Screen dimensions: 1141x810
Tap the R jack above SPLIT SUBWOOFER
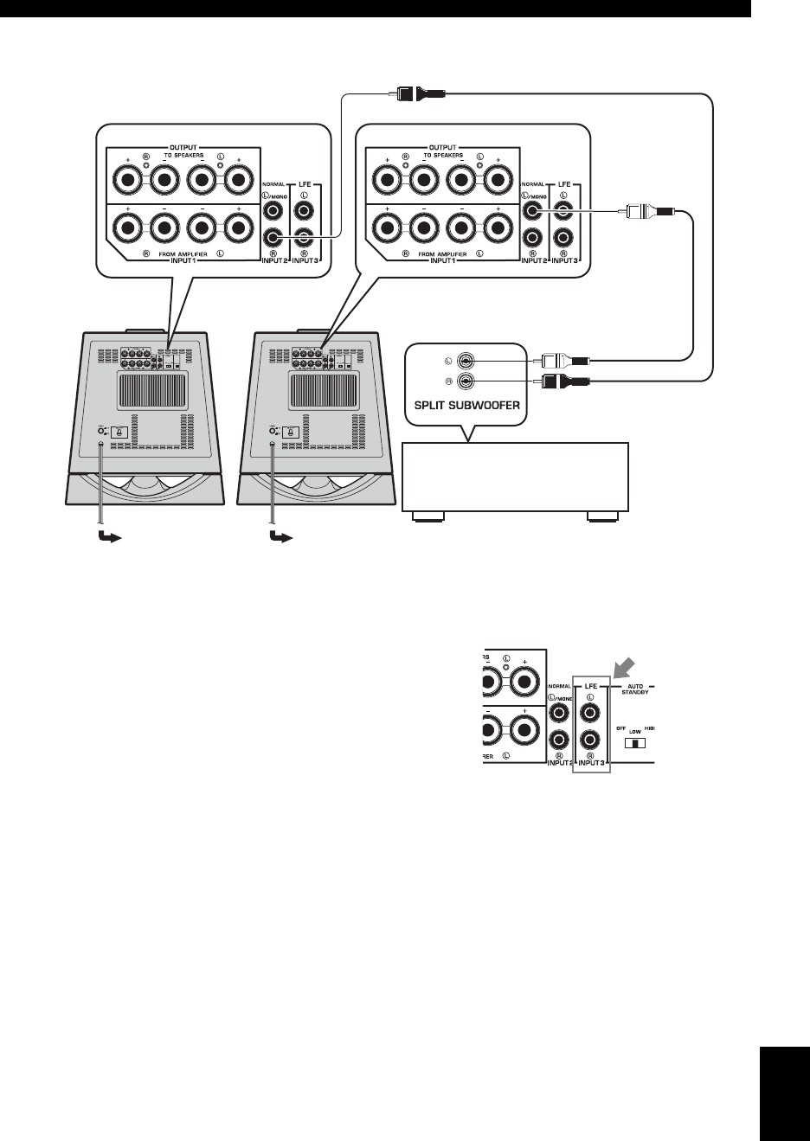pos(466,381)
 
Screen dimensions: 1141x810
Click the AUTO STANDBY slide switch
pos(636,743)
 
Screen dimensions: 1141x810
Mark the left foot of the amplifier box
pos(429,518)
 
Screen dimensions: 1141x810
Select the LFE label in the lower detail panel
pos(591,686)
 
